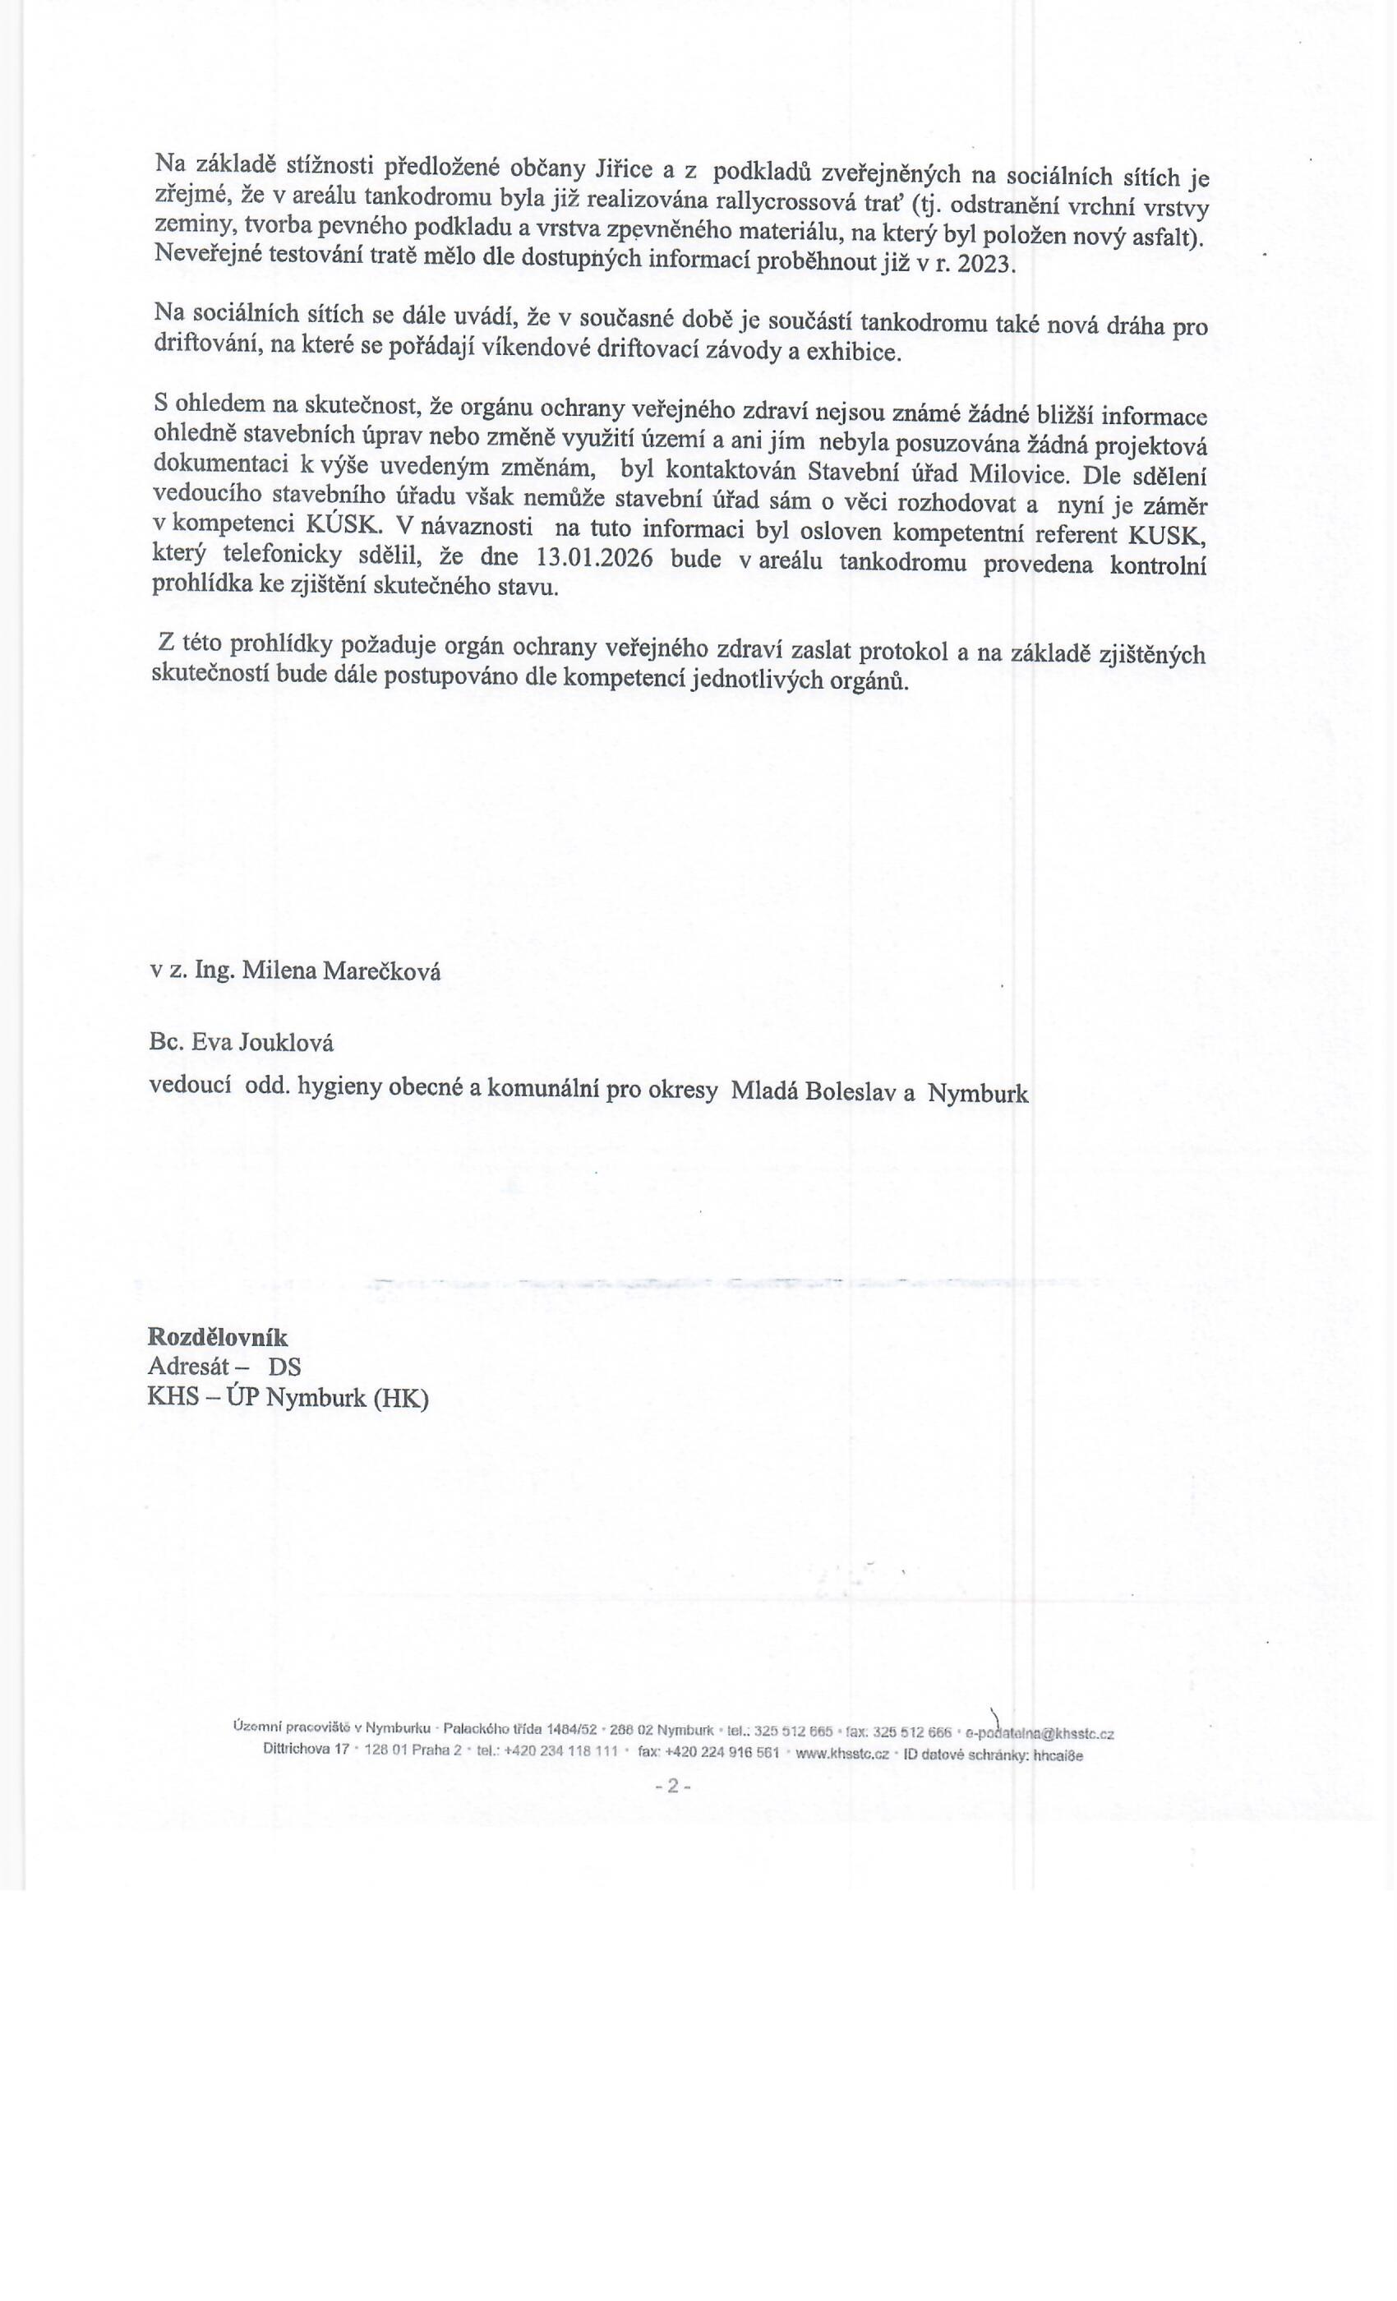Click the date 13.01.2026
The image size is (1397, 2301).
(595, 559)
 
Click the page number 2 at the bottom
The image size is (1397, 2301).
(673, 1786)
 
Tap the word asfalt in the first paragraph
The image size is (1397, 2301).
(1163, 237)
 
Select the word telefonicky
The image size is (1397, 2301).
(282, 556)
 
